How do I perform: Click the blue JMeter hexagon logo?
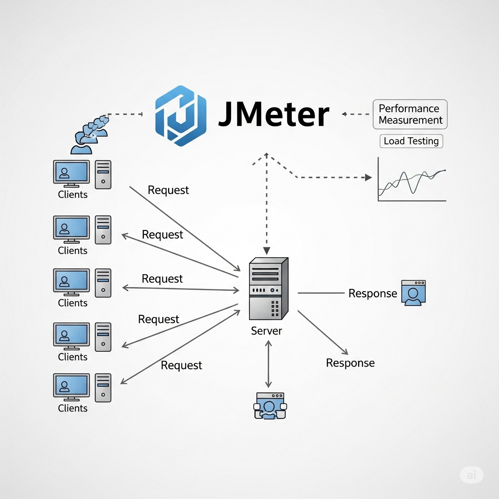[180, 116]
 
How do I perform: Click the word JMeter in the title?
[274, 115]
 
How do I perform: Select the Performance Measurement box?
[410, 114]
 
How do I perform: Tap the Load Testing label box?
[411, 141]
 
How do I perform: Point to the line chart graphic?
[412, 180]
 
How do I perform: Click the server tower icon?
[268, 289]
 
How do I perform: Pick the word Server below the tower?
[266, 331]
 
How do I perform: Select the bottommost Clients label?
[72, 408]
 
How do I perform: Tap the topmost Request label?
[168, 190]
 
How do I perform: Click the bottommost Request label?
[181, 365]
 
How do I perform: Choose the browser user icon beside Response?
[413, 293]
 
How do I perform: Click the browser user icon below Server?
[270, 406]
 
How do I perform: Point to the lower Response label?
[350, 363]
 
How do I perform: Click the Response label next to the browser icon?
[373, 293]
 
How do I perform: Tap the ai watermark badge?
[471, 475]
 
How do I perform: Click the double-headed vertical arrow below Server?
[268, 364]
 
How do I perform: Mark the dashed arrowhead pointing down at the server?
[267, 251]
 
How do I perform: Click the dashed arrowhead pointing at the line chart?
[368, 177]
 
